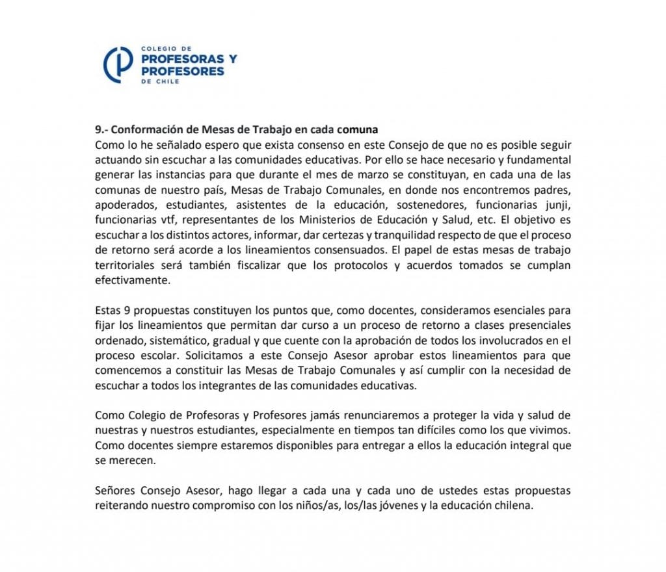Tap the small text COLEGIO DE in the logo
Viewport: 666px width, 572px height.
pos(157,49)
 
